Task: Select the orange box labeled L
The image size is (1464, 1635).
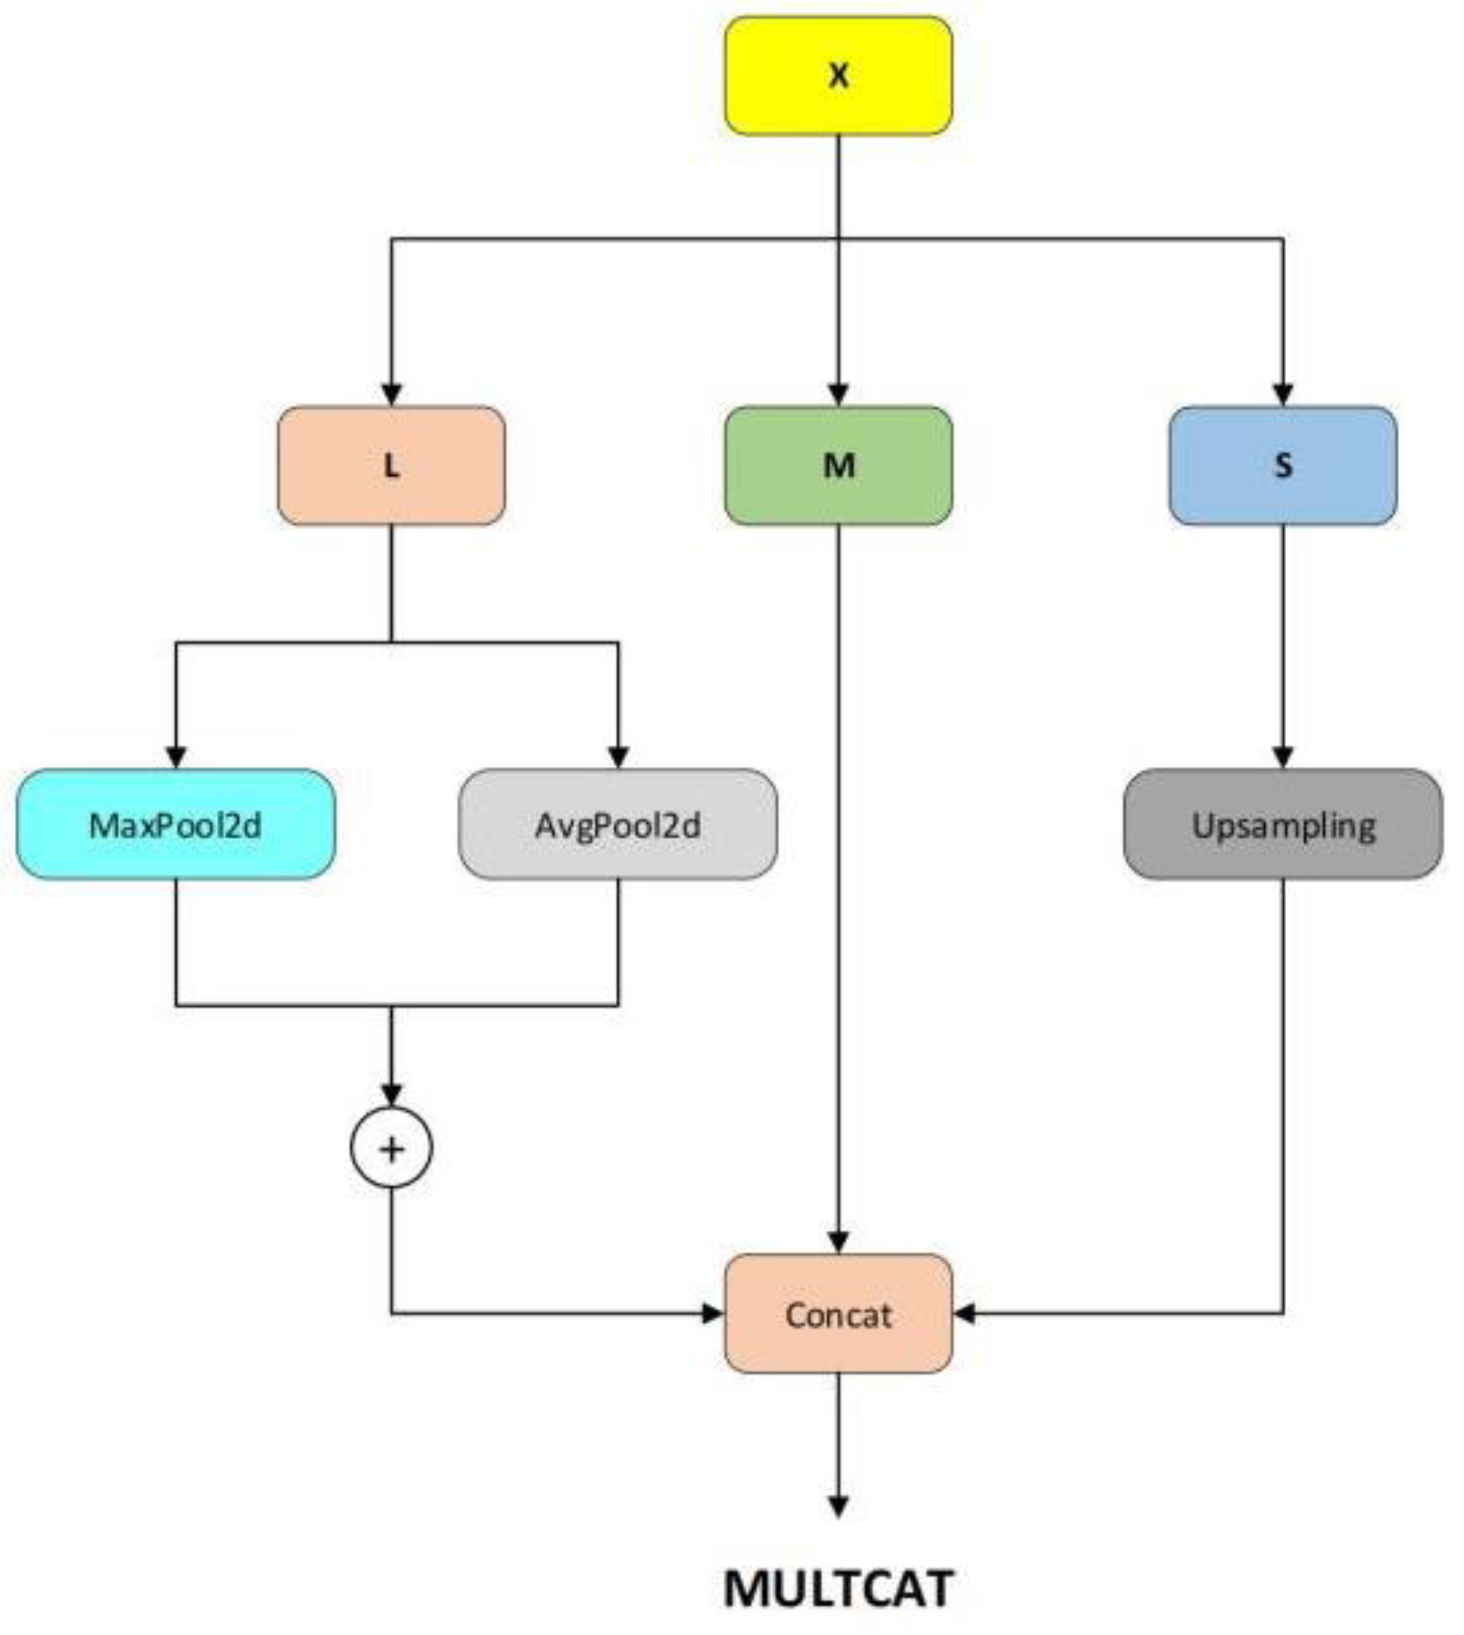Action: pos(392,466)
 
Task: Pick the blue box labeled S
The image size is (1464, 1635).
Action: pos(1283,466)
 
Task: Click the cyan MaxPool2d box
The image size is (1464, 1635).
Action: pos(176,825)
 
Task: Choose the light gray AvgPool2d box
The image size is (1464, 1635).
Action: pos(618,825)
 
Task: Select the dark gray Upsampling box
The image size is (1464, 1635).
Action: pos(1283,825)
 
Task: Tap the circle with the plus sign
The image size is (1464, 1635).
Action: pos(392,1149)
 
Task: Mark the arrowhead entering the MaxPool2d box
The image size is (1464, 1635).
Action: pos(176,758)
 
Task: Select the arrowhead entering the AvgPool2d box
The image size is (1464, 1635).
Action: pos(618,758)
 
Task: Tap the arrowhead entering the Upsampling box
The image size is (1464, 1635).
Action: pos(1283,758)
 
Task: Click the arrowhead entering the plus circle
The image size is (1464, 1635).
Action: pos(392,1096)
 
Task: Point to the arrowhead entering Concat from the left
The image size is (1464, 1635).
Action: pos(713,1314)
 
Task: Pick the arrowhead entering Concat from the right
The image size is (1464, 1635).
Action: pos(965,1314)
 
